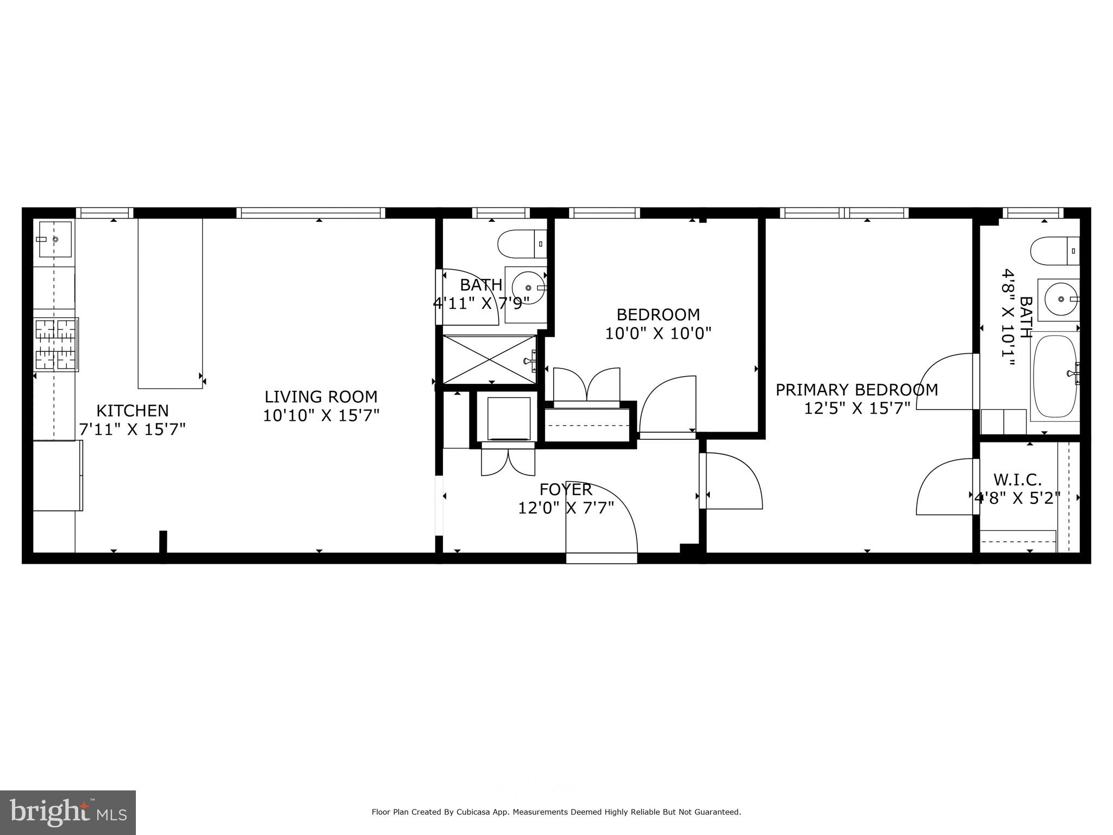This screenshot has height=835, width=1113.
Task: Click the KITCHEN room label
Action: click(x=132, y=410)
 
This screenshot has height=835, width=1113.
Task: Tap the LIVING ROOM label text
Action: click(x=321, y=397)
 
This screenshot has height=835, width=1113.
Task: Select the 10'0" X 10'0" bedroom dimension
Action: click(x=658, y=333)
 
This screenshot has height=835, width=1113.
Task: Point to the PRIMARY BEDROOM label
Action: click(x=856, y=390)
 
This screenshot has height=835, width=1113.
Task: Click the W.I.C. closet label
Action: click(x=1017, y=479)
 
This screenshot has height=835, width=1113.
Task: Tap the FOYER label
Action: click(x=566, y=489)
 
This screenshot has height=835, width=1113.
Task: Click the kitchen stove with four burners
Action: click(x=55, y=345)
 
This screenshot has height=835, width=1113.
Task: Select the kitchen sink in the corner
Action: click(x=54, y=239)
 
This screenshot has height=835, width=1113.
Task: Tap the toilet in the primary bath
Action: click(x=1054, y=251)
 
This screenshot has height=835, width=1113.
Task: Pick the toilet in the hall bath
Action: click(x=522, y=244)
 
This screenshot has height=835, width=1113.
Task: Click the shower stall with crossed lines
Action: click(x=490, y=359)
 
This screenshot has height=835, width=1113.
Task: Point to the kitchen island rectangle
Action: click(x=170, y=303)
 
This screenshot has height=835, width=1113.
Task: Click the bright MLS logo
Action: click(x=67, y=812)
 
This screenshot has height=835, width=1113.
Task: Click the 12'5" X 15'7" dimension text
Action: click(x=856, y=408)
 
